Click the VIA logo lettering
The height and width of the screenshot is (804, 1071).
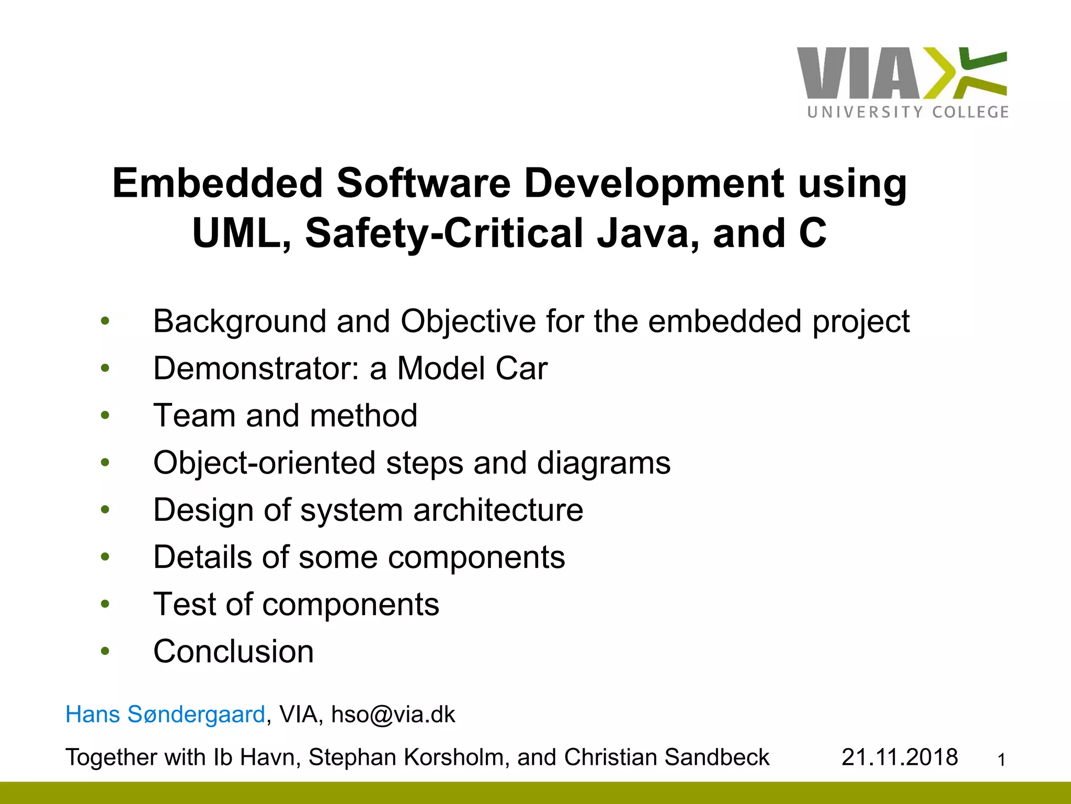(x=858, y=73)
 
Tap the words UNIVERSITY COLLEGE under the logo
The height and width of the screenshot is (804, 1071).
(x=908, y=112)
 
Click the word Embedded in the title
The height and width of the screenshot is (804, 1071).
(x=218, y=184)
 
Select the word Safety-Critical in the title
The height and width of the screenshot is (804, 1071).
(x=444, y=233)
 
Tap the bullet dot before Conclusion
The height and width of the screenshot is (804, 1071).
(x=106, y=651)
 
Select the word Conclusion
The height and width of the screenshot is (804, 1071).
(x=233, y=652)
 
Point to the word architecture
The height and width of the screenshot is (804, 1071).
(x=498, y=510)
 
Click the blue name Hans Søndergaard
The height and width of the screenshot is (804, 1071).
(x=165, y=714)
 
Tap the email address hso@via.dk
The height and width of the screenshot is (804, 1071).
(x=393, y=714)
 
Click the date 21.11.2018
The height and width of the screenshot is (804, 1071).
(x=899, y=757)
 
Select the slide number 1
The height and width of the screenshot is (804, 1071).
(x=1001, y=760)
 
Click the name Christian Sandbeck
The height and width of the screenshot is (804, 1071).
(x=666, y=757)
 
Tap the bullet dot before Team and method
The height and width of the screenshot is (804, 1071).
(x=106, y=416)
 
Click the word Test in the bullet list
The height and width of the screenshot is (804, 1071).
(x=184, y=605)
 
